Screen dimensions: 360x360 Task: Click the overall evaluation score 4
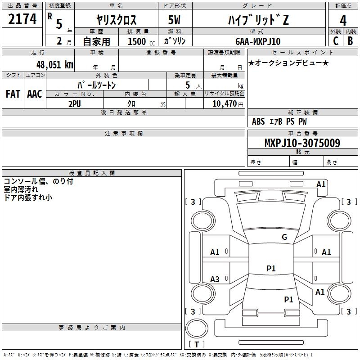(343, 20)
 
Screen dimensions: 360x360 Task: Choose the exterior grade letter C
(335, 41)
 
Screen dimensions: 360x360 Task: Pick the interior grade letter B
(350, 41)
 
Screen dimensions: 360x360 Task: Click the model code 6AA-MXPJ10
(257, 41)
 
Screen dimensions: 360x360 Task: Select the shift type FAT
(13, 94)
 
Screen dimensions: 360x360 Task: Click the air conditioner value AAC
(35, 94)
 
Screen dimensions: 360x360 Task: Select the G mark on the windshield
(284, 237)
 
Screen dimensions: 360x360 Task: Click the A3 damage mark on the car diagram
(215, 279)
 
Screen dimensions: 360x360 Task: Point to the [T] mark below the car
(196, 344)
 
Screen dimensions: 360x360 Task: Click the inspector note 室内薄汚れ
(21, 189)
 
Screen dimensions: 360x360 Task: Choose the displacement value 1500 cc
(139, 41)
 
